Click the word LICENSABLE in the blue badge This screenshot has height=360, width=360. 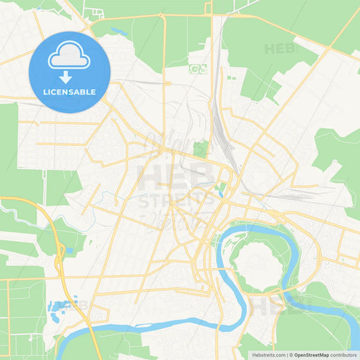click(x=70, y=92)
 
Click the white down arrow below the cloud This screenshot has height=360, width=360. click(x=70, y=76)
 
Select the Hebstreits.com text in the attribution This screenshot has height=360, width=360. click(x=269, y=355)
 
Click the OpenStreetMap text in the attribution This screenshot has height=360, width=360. click(x=311, y=355)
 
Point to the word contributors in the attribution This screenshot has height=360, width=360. click(x=343, y=355)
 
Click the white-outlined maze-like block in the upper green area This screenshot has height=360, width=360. click(x=197, y=68)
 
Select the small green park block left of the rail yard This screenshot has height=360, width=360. click(x=200, y=149)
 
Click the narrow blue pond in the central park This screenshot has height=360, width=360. click(x=221, y=191)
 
